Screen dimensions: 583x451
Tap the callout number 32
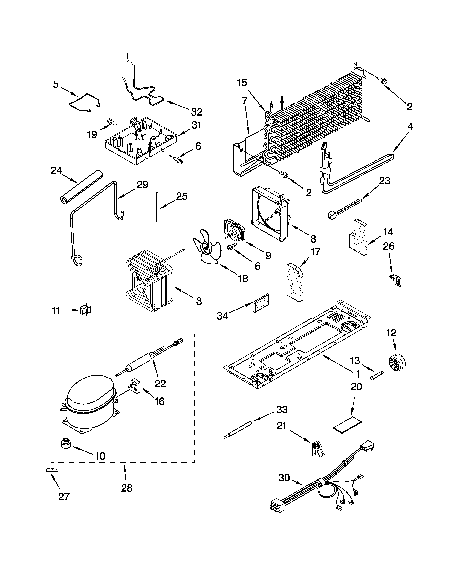[x=197, y=112]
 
